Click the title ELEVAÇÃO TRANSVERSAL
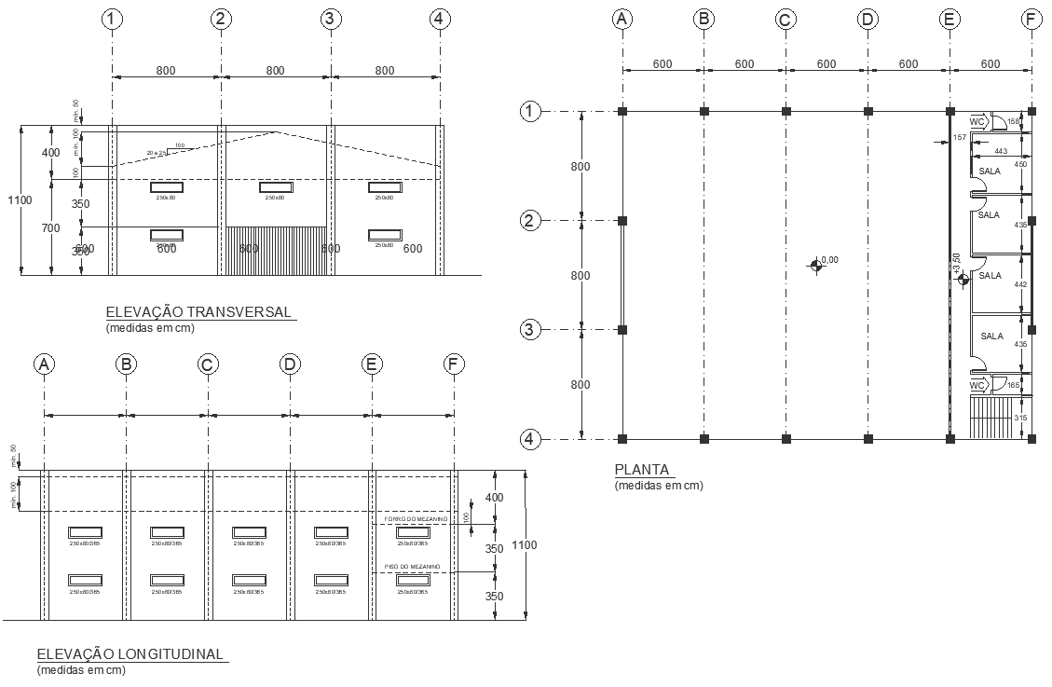pos(198,311)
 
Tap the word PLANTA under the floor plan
pos(642,469)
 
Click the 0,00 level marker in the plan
pos(817,266)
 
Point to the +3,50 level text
pos(956,265)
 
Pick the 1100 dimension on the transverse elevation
pos(20,200)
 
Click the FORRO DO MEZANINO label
pos(417,518)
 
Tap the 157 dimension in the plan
pos(960,138)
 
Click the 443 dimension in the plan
pos(1001,151)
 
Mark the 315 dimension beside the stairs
pos(1020,419)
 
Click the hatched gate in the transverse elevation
pos(274,250)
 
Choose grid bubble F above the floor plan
pos(1031,19)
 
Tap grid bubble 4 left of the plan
pos(529,438)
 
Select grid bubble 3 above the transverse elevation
pos(330,19)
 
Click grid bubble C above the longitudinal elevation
pos(208,365)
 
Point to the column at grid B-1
pos(704,112)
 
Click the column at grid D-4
pos(868,438)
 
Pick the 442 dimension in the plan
pos(1020,284)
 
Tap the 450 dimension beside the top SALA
pos(1020,165)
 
